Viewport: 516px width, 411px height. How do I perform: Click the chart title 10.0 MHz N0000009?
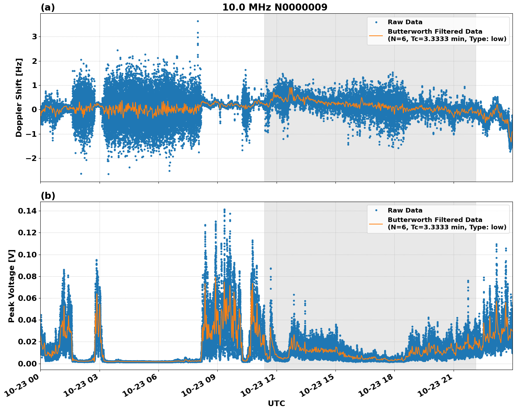[x=274, y=7]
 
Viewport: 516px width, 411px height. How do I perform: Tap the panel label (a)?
[x=48, y=7]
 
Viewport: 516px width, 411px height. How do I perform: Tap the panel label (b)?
[x=48, y=196]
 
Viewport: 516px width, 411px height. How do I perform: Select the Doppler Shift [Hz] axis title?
[x=19, y=97]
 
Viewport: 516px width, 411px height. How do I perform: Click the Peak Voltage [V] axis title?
[x=12, y=286]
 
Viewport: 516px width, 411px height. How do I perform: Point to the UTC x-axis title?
[x=276, y=403]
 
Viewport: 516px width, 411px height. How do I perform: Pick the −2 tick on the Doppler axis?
[x=30, y=159]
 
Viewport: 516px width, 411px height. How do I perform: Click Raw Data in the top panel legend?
[x=405, y=22]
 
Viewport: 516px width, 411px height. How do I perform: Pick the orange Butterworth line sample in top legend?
[x=376, y=35]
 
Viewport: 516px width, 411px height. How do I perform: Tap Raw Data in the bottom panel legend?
[x=405, y=210]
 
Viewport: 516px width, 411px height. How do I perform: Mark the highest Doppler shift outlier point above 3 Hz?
[x=198, y=21]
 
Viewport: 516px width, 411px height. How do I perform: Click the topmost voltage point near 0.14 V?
[x=224, y=210]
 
